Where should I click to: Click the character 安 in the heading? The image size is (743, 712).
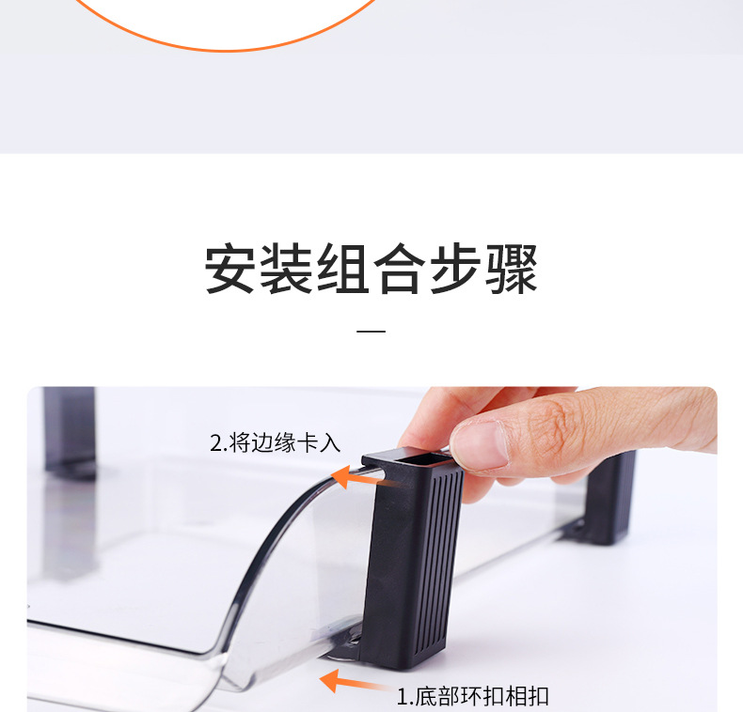click(230, 269)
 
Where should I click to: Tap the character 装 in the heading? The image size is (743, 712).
click(287, 269)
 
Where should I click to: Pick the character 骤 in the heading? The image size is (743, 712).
click(512, 269)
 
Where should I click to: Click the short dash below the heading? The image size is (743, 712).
click(371, 331)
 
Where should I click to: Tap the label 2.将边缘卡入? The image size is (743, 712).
click(276, 443)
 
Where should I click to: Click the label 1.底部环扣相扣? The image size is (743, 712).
click(472, 696)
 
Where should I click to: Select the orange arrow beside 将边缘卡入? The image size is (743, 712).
click(357, 478)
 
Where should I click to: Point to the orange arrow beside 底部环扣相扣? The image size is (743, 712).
click(356, 682)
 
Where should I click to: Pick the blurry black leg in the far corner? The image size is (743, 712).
click(70, 431)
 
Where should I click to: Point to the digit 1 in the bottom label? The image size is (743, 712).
click(403, 697)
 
